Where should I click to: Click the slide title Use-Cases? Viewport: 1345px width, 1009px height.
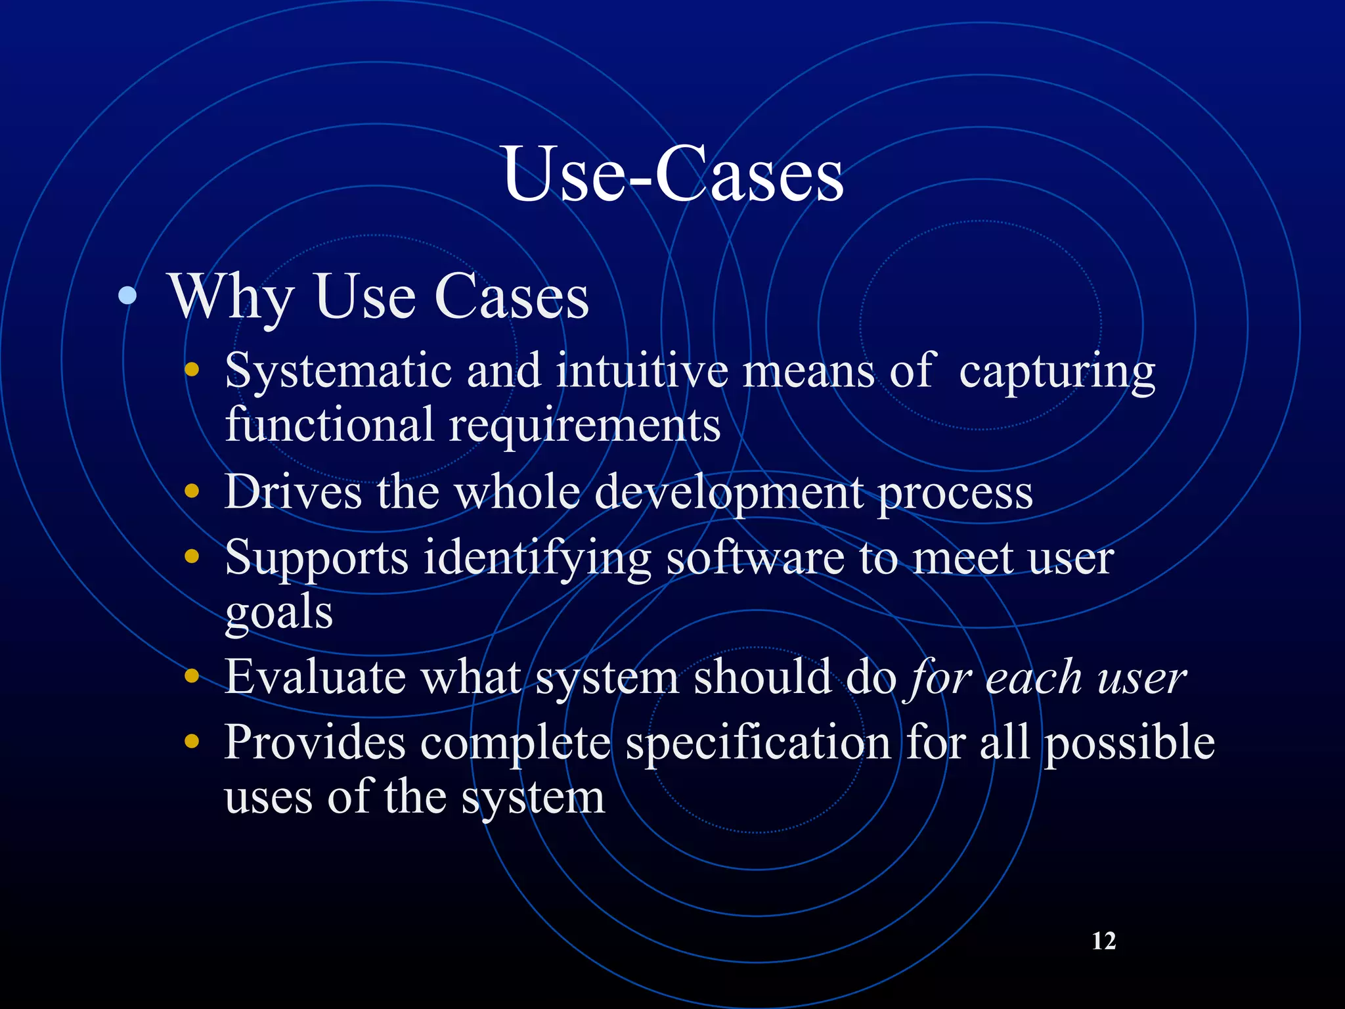coord(672,175)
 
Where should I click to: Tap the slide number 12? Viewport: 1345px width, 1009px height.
coord(1103,941)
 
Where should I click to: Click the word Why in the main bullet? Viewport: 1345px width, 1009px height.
coord(231,297)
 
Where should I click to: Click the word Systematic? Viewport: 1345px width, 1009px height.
coord(338,372)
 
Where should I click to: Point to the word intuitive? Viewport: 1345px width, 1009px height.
coord(642,370)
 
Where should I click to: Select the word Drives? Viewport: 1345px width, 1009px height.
coord(293,491)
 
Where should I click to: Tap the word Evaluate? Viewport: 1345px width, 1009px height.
coord(315,677)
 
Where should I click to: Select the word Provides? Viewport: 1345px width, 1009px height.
coord(315,742)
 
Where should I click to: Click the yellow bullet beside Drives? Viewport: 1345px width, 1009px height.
coord(192,490)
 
